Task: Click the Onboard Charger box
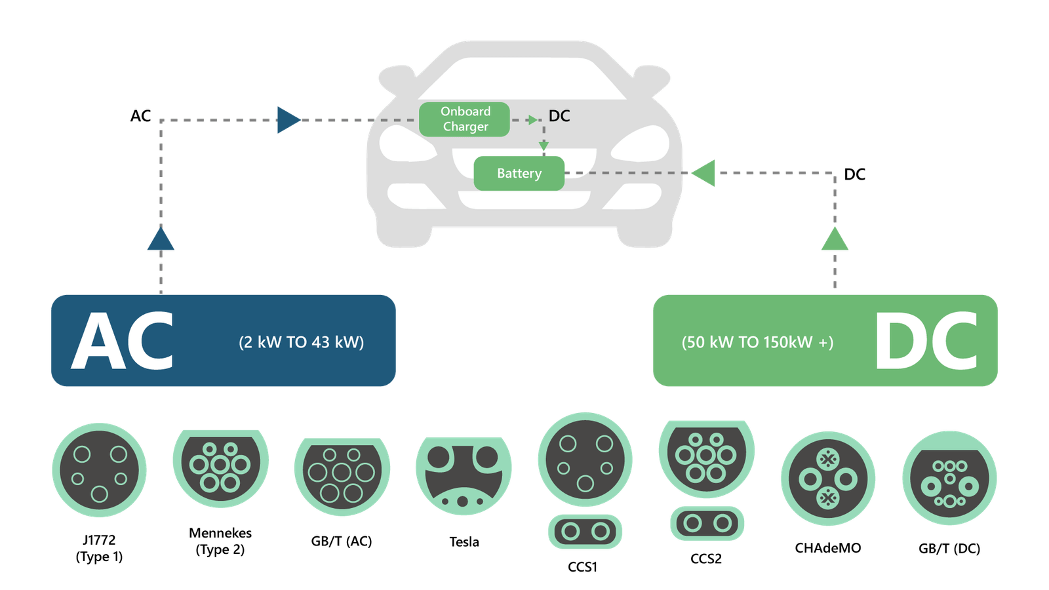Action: pyautogui.click(x=464, y=119)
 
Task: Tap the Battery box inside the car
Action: pyautogui.click(x=519, y=174)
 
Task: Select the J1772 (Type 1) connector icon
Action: pyautogui.click(x=99, y=470)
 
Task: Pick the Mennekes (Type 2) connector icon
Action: pyautogui.click(x=220, y=466)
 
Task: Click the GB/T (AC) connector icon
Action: pyautogui.click(x=342, y=473)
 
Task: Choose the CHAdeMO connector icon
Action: pyautogui.click(x=827, y=479)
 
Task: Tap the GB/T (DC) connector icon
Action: pyautogui.click(x=949, y=479)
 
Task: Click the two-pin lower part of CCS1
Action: pyautogui.click(x=585, y=532)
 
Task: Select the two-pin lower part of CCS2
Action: pyautogui.click(x=707, y=523)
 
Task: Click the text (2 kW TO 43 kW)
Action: pyautogui.click(x=301, y=342)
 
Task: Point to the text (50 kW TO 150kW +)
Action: pyautogui.click(x=757, y=342)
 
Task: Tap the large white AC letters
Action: pyautogui.click(x=123, y=341)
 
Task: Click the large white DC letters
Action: pyautogui.click(x=926, y=341)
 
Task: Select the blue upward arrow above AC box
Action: pyautogui.click(x=161, y=239)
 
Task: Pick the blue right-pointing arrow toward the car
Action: pyautogui.click(x=288, y=120)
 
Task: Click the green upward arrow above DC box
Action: pyautogui.click(x=835, y=239)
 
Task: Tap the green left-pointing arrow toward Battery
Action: pyautogui.click(x=704, y=173)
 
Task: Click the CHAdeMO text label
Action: pyautogui.click(x=827, y=548)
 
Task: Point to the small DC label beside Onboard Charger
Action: pyautogui.click(x=559, y=116)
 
